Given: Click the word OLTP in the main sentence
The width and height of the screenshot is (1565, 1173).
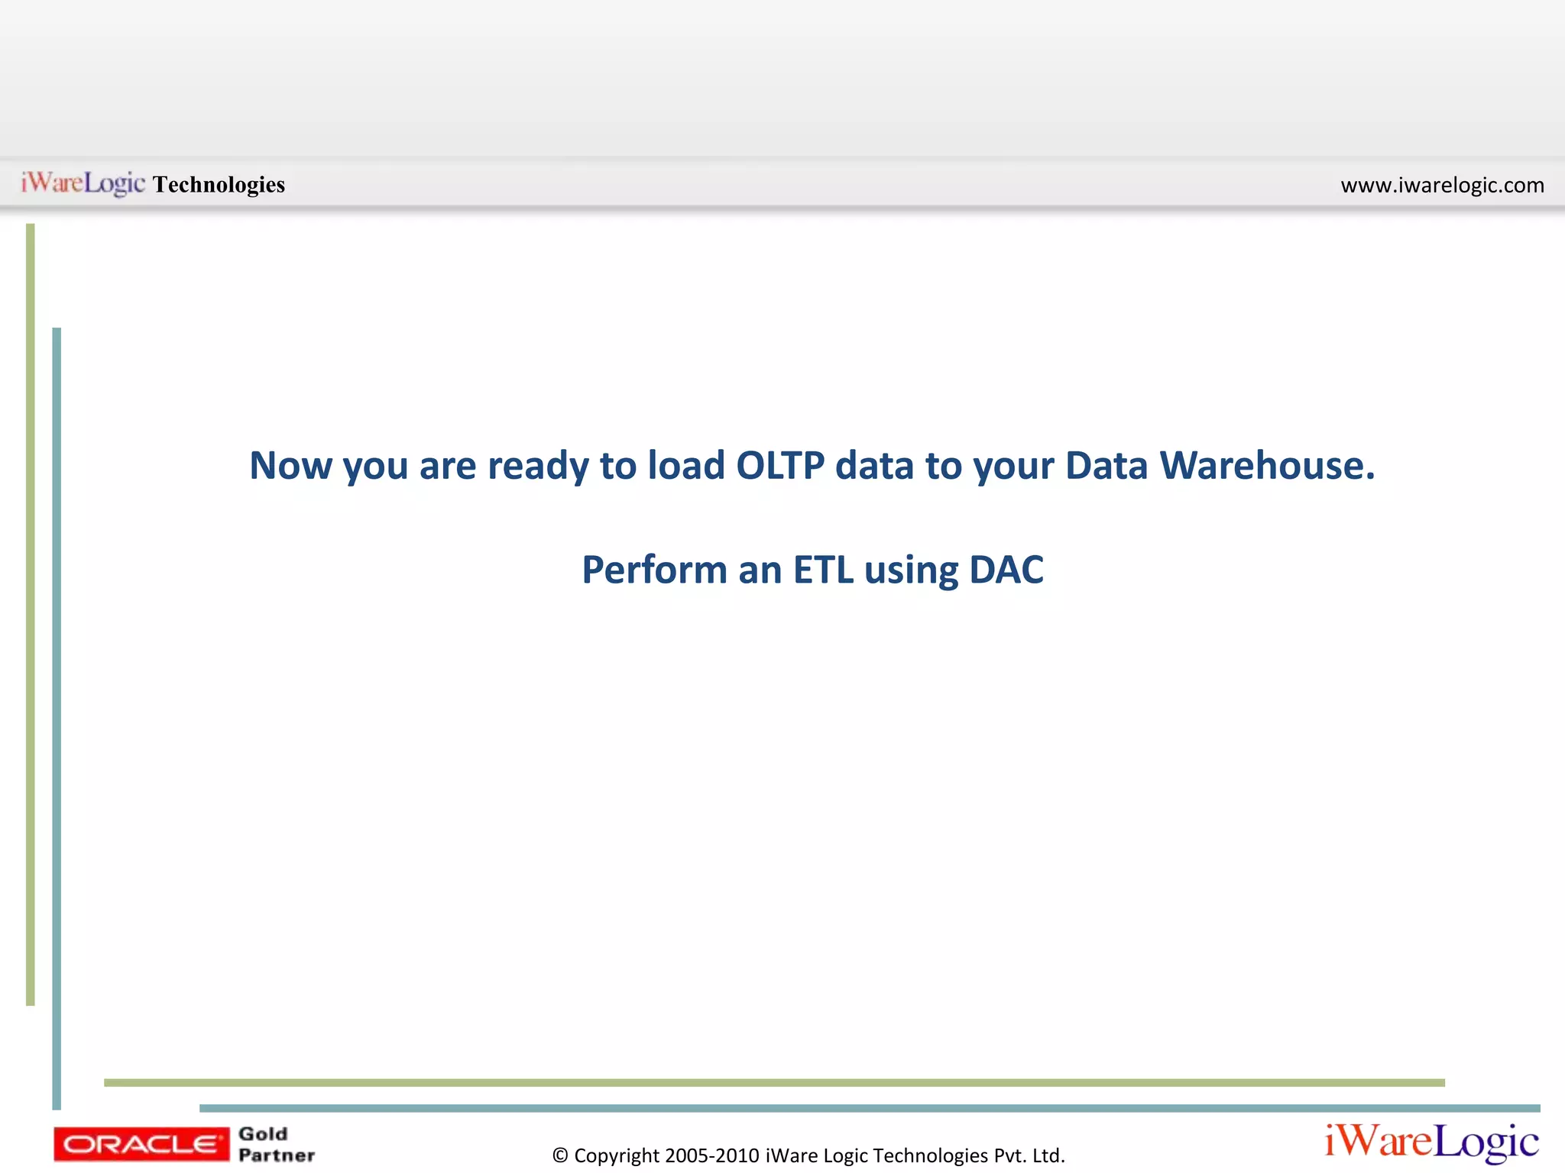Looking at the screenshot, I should coord(779,465).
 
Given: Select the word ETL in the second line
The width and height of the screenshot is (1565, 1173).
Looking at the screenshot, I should coord(823,570).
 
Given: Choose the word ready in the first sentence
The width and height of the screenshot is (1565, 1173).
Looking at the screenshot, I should coord(538,467).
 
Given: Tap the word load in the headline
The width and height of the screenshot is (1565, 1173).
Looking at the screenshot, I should coord(685,465).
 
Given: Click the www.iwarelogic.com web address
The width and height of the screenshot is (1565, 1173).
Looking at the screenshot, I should coord(1442,185).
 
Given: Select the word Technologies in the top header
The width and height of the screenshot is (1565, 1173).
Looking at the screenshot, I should coord(219,185).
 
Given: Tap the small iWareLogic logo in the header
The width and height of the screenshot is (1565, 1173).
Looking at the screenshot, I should coord(83,183).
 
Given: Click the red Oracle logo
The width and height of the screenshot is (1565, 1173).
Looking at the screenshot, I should coord(141,1144).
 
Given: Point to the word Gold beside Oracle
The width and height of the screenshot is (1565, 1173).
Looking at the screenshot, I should coord(263,1134).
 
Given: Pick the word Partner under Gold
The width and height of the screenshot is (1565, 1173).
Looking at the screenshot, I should coord(277,1155).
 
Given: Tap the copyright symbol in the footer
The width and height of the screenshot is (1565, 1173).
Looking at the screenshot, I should coord(560,1156).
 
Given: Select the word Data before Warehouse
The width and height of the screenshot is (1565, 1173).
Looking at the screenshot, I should coord(1106,465).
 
